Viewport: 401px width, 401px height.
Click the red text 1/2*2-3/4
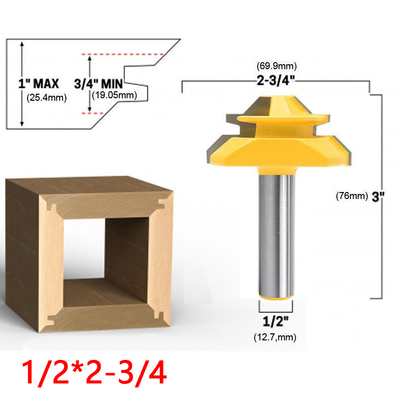[94, 372]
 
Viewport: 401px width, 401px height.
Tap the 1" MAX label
[39, 84]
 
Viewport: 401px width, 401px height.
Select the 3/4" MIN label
[98, 84]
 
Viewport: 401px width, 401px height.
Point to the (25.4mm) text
[47, 98]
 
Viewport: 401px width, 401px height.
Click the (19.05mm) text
[115, 95]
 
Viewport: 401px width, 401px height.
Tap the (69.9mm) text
[277, 66]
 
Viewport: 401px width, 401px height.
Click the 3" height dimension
[378, 196]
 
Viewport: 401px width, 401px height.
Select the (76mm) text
[352, 196]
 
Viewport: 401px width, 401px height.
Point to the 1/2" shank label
[276, 321]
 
